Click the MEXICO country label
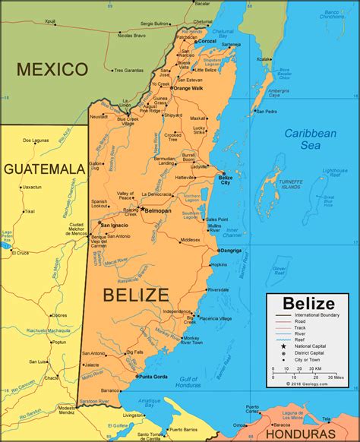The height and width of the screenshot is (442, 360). (x=52, y=70)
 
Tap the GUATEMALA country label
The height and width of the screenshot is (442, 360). (x=43, y=168)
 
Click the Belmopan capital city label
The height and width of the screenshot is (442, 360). (x=158, y=210)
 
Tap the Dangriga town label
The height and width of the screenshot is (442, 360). (x=230, y=250)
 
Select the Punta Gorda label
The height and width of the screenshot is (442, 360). (x=155, y=376)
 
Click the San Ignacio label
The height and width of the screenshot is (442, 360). (x=114, y=225)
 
